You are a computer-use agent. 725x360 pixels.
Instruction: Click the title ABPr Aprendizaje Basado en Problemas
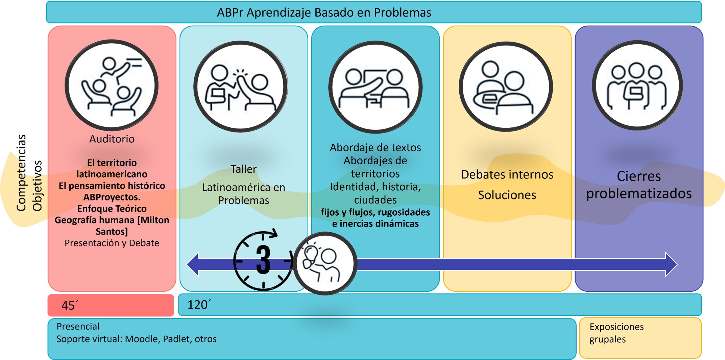coord(324,13)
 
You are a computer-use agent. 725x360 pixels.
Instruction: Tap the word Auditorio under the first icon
coord(112,139)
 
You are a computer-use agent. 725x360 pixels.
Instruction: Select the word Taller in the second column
coord(243,169)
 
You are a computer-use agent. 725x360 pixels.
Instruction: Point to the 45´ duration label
coord(70,305)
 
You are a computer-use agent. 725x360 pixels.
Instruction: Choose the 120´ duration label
coord(199,305)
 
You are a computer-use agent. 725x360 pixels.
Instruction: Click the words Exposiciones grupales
coord(617,333)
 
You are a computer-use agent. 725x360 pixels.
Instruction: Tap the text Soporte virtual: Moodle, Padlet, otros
coord(137,339)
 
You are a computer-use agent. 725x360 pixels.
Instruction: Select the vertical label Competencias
coord(21,173)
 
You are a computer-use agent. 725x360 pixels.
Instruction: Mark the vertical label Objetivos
coord(37,186)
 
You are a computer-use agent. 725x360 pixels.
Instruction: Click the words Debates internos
coord(507,174)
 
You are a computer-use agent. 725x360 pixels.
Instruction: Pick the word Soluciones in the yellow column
coord(507,195)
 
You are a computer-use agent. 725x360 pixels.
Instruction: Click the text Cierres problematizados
coord(639,185)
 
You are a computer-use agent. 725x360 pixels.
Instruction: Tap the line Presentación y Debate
coord(112,243)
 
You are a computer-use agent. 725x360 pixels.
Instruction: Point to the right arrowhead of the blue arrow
coord(672,264)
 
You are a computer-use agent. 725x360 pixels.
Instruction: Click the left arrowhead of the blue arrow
coord(193,264)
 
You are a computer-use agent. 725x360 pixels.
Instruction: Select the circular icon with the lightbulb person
coord(325,263)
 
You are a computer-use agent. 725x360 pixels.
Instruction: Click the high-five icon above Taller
coord(240,87)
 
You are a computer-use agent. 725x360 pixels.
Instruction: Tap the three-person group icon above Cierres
coord(637,86)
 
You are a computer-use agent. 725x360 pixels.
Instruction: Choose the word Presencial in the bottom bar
coord(78,326)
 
